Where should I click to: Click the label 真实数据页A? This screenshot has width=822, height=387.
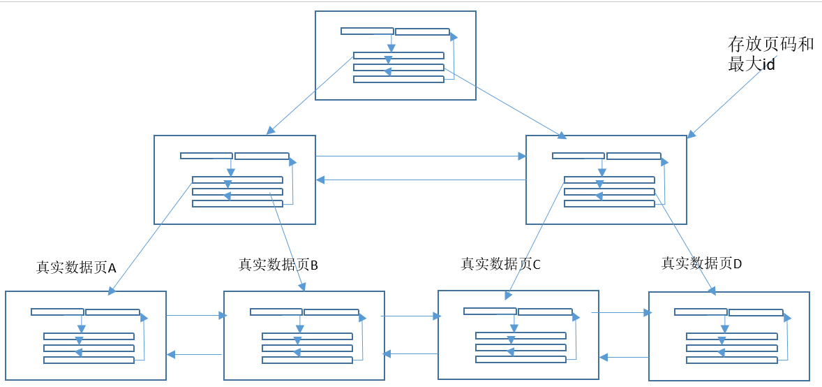coord(76,267)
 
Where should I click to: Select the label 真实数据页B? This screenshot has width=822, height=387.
coord(278,265)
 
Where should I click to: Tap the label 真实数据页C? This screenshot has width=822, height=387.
coord(501,264)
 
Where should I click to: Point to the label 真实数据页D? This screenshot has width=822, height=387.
coord(702,263)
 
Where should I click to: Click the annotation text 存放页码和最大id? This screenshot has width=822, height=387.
coord(770,54)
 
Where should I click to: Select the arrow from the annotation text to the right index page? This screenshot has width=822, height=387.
coord(724,103)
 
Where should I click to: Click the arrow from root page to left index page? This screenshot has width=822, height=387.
coord(310,96)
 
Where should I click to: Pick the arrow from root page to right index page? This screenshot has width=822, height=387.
coord(505,98)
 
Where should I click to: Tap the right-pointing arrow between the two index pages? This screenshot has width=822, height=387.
coord(421,156)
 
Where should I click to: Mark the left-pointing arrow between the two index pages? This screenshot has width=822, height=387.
coord(421,180)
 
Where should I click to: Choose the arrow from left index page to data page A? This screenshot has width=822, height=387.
coord(151,237)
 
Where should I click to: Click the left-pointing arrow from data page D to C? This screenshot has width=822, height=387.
coord(624,357)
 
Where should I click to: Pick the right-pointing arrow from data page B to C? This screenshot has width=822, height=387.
coord(410,316)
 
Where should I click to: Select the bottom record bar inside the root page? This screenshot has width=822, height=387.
coord(398,80)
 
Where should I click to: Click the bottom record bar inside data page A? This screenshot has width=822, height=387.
coord(89,360)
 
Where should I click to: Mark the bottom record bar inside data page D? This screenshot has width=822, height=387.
coord(731,360)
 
